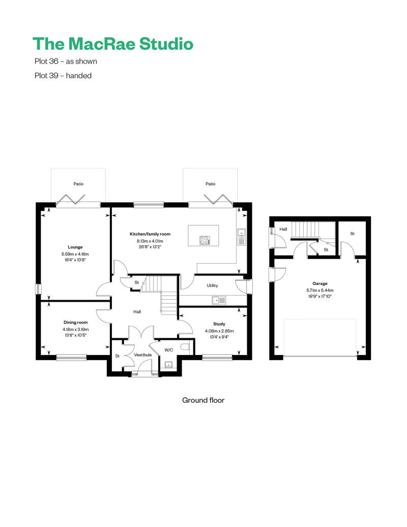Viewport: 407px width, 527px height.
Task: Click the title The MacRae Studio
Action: (x=112, y=44)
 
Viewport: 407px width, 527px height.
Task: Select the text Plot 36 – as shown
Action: (x=65, y=62)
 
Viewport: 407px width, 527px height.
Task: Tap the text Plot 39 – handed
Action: (x=63, y=76)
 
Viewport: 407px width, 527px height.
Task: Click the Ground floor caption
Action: (x=203, y=400)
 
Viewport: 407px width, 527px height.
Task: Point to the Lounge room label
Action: (x=75, y=247)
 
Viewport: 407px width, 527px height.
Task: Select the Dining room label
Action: (x=75, y=323)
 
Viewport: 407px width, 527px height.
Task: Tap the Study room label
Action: (x=219, y=324)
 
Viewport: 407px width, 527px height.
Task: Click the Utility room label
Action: (x=212, y=286)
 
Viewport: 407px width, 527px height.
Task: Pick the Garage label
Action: (x=319, y=284)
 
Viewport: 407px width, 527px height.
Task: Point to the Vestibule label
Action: (x=143, y=355)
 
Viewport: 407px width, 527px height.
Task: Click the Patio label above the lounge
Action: (x=78, y=184)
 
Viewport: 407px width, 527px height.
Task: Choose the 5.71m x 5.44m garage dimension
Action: (x=319, y=290)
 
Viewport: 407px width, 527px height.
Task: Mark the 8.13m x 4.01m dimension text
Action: (x=150, y=241)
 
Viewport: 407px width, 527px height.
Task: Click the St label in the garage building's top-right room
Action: (x=352, y=234)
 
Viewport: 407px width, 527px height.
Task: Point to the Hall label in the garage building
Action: (x=283, y=229)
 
